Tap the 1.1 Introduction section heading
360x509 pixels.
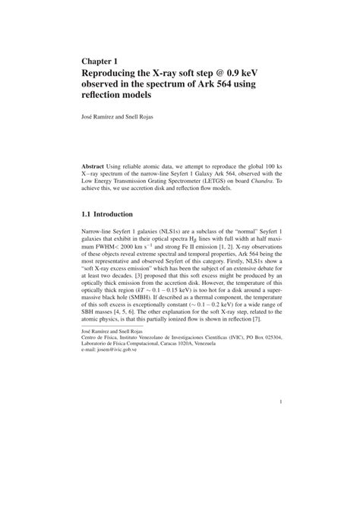click(x=112, y=214)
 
